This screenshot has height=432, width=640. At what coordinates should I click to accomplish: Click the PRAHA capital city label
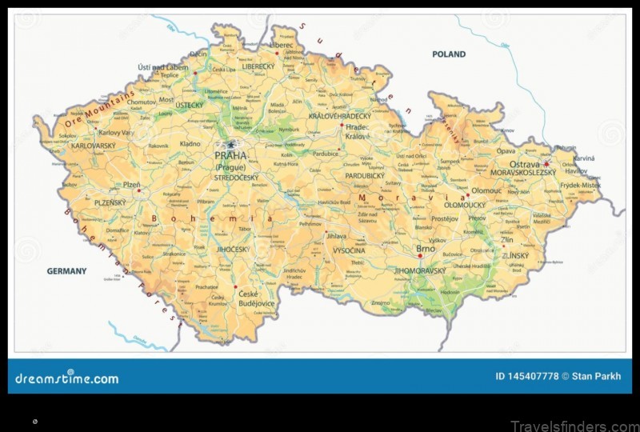coord(230,156)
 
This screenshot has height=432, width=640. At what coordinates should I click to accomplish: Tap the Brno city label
coord(425,250)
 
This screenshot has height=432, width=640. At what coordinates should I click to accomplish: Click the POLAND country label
coord(449,54)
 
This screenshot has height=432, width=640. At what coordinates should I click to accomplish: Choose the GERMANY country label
coord(66,271)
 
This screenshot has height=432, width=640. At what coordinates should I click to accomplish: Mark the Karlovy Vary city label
coord(117,131)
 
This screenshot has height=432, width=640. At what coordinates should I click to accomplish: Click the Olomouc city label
coord(486,191)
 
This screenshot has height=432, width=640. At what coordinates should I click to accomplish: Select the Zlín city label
coord(506,239)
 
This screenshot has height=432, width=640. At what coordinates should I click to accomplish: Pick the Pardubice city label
coord(326,153)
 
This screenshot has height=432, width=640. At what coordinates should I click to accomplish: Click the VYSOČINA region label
coord(350,250)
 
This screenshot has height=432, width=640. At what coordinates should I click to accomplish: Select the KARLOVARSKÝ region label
coord(94,146)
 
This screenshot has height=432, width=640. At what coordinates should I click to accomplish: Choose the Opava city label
coord(506,150)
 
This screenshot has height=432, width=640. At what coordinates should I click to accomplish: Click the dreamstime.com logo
coord(66,378)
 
